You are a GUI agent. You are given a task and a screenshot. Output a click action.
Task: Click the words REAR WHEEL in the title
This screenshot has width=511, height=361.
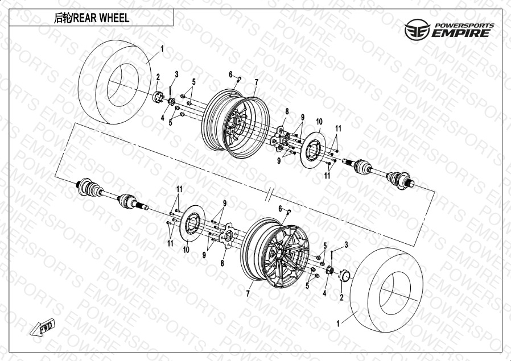click(101, 18)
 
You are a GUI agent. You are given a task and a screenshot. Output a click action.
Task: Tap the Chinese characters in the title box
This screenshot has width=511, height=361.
click(62, 18)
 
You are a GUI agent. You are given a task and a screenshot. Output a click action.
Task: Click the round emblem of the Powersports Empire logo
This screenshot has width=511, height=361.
click(417, 30)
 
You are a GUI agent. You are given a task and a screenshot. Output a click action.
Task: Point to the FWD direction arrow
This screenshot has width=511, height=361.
click(43, 327)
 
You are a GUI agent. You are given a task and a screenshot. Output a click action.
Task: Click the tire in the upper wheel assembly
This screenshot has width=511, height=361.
click(114, 82)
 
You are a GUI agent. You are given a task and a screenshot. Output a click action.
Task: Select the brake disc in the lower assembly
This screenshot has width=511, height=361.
click(192, 223)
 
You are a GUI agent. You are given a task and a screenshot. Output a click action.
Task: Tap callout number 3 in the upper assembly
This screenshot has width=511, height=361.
click(176, 74)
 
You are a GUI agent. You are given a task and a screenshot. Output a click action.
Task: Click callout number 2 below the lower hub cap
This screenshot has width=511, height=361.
click(341, 297)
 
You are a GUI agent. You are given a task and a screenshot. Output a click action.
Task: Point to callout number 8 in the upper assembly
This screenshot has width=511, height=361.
click(287, 111)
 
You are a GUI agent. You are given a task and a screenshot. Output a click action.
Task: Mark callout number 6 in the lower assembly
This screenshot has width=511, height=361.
click(280, 209)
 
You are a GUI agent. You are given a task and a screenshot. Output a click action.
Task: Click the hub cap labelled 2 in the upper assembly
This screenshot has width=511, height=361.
click(158, 97)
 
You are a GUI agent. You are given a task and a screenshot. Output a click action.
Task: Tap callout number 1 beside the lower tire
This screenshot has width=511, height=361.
click(338, 323)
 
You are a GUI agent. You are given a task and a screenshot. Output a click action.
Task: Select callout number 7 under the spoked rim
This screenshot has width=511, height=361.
click(248, 294)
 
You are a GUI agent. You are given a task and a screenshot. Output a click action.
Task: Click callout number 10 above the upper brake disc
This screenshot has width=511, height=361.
click(319, 122)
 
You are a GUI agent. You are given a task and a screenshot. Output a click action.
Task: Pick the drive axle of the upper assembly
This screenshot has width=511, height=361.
click(378, 171)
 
